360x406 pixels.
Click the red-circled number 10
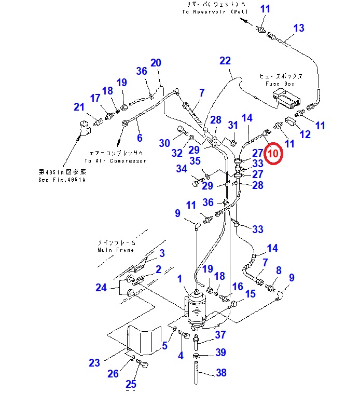pos(273,153)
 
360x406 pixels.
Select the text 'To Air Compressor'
pos(115,161)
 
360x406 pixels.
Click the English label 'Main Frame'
pos(116,250)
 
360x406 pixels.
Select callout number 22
pos(225,61)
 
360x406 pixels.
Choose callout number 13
pos(299,28)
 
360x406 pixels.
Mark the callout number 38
pos(221,372)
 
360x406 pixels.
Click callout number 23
pos(94,363)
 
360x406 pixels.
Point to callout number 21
pos(79,107)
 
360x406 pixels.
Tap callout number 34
pos(181,169)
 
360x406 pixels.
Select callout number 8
pos(279,270)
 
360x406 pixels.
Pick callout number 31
pos(233,125)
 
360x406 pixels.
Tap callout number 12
pos(305,134)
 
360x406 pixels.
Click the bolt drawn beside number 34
pos(198,183)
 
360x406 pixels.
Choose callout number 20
pos(156,63)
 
